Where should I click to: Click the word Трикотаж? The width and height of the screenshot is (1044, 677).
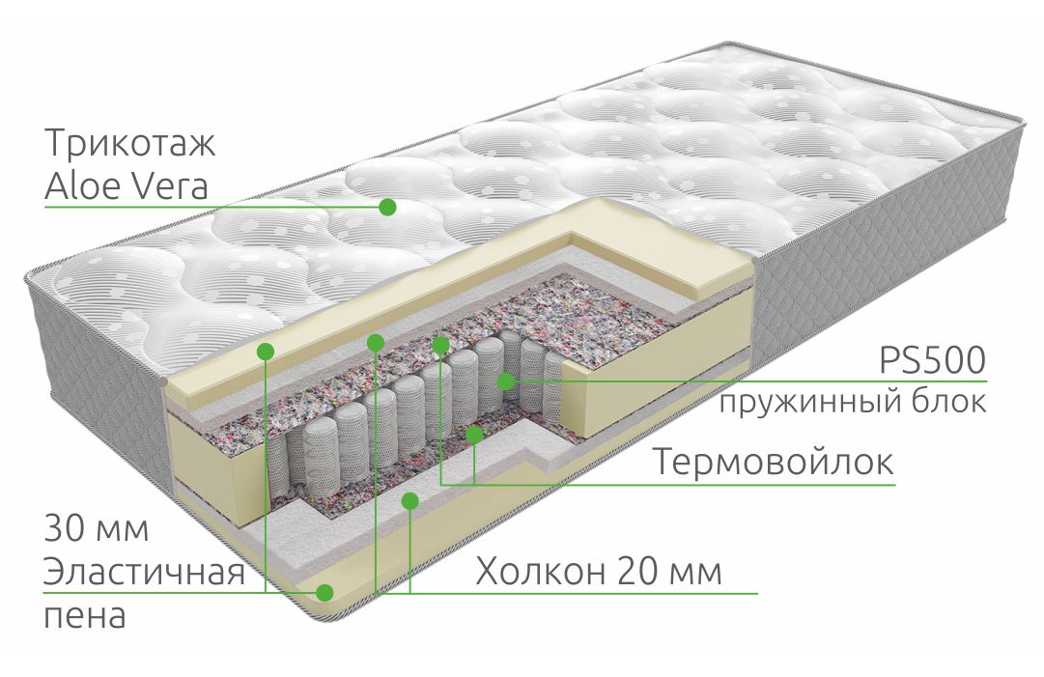click(129, 144)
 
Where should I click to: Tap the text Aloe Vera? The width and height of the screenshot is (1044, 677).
click(127, 185)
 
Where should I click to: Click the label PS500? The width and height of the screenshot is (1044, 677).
click(932, 360)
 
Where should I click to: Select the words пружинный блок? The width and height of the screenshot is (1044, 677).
click(853, 402)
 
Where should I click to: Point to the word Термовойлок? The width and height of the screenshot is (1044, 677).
click(773, 462)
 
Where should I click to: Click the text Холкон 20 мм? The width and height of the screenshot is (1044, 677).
click(599, 571)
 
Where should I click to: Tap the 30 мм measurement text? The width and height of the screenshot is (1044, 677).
click(97, 528)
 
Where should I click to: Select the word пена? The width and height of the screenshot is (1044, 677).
click(85, 616)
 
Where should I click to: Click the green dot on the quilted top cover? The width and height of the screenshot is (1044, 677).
click(387, 207)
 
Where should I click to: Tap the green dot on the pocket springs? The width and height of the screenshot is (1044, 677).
click(506, 381)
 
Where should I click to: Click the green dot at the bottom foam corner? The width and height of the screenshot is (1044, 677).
click(324, 592)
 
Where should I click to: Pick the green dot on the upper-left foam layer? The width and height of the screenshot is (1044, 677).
click(266, 351)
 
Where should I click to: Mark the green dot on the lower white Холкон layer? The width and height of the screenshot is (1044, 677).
click(410, 500)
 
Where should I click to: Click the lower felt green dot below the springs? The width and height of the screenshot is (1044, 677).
click(474, 436)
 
